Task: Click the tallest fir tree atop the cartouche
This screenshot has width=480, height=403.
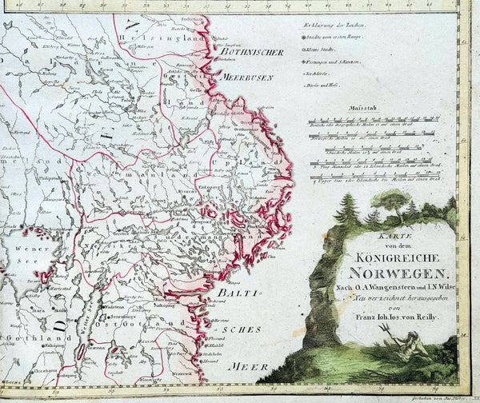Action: [x=347, y=209]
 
